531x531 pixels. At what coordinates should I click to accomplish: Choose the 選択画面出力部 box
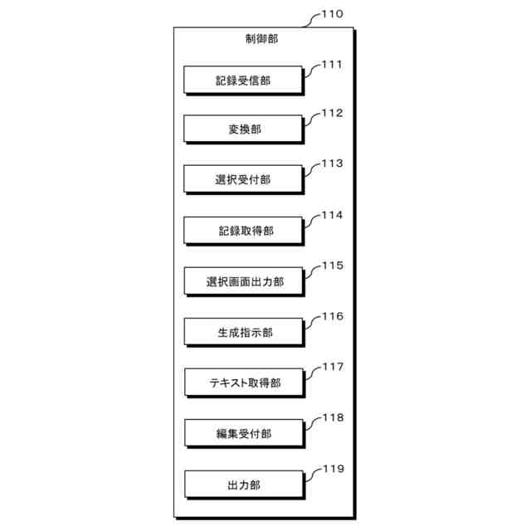coord(244,281)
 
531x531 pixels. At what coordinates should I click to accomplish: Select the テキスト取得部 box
coord(244,382)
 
